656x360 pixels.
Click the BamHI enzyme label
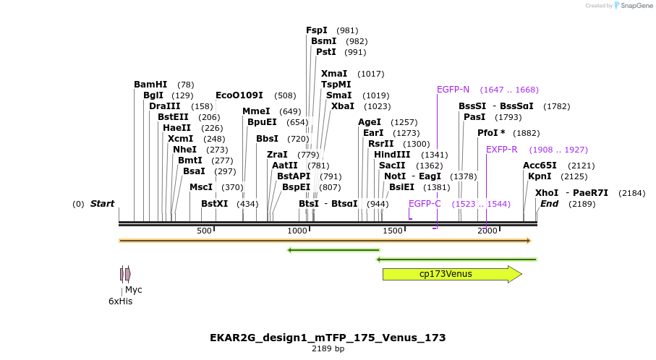[150, 85]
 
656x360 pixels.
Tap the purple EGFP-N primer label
[453, 90]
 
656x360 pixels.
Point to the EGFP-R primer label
[501, 150]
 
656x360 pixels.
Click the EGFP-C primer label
[425, 204]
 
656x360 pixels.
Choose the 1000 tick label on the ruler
[298, 231]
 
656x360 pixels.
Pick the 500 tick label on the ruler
[204, 231]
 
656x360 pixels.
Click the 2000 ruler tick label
[487, 231]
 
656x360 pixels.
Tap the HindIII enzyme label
[392, 155]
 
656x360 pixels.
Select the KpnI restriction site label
[540, 176]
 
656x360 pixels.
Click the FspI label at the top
[317, 30]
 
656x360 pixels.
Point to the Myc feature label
[134, 290]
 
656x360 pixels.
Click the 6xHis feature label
[120, 301]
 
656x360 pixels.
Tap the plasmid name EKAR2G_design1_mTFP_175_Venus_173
[328, 338]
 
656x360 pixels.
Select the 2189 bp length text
[328, 349]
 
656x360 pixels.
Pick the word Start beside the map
[102, 204]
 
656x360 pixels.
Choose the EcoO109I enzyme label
[239, 95]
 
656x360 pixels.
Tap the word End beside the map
[549, 204]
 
